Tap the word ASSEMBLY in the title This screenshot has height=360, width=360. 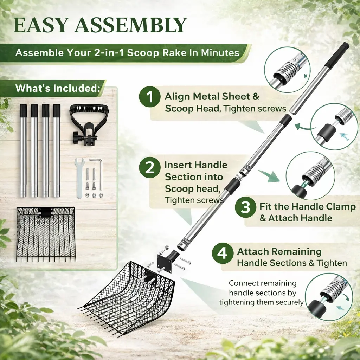click(x=131, y=25)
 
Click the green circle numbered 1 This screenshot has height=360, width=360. click(x=150, y=97)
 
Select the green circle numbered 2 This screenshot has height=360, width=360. click(x=150, y=167)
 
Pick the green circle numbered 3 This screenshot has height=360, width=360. click(x=245, y=207)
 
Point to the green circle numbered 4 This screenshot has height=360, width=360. click(x=222, y=253)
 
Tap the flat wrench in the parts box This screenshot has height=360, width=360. click(x=79, y=178)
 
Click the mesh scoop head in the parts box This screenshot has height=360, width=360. click(x=46, y=234)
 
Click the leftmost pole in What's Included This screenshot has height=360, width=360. click(x=23, y=151)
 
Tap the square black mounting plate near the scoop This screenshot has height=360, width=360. click(x=165, y=264)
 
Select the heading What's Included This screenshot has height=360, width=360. click(x=58, y=88)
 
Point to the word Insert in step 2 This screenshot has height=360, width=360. click(x=179, y=165)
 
